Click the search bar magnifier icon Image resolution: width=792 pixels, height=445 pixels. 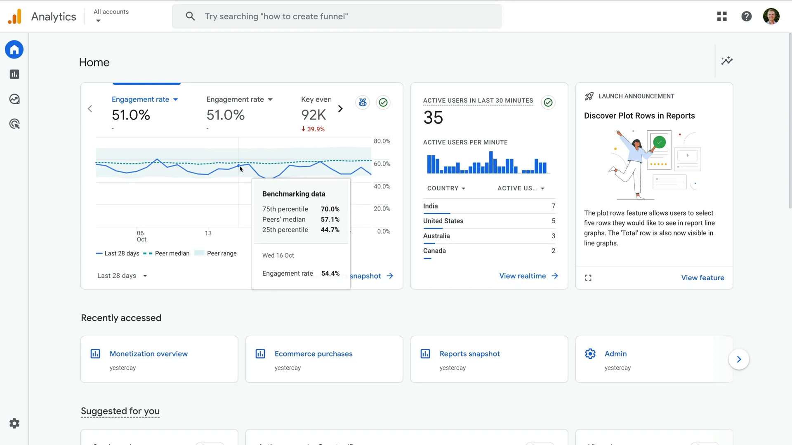pyautogui.click(x=190, y=16)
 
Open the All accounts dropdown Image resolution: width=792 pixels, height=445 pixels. pyautogui.click(x=111, y=16)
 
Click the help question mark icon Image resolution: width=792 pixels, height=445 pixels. pyautogui.click(x=746, y=16)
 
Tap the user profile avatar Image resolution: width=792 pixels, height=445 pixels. pyautogui.click(x=771, y=16)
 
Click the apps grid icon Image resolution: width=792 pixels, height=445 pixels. pyautogui.click(x=722, y=16)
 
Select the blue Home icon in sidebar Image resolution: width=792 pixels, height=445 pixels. pyautogui.click(x=14, y=50)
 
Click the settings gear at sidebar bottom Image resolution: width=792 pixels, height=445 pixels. pyautogui.click(x=14, y=424)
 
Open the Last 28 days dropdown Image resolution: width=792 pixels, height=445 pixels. pyautogui.click(x=122, y=276)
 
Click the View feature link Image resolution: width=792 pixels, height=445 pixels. pyautogui.click(x=702, y=278)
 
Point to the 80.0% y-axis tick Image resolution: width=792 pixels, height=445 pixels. pyautogui.click(x=382, y=141)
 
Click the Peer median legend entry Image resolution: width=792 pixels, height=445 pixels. pyautogui.click(x=172, y=253)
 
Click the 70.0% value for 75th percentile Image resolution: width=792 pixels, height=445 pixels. pyautogui.click(x=330, y=209)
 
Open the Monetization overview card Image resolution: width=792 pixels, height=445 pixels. pyautogui.click(x=148, y=354)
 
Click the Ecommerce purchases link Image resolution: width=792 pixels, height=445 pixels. pyautogui.click(x=313, y=354)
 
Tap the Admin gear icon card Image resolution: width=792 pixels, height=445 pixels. pyautogui.click(x=590, y=354)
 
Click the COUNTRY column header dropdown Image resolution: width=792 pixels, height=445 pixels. pyautogui.click(x=446, y=188)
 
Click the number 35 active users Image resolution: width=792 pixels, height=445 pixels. pyautogui.click(x=433, y=118)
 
